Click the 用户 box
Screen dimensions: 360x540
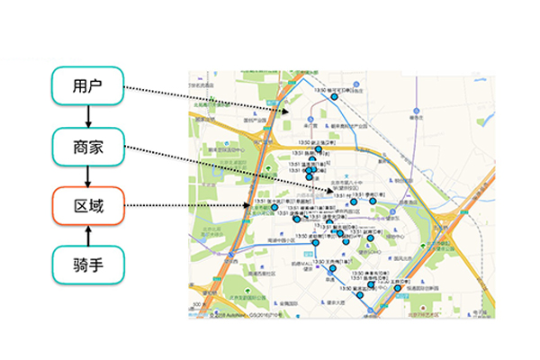[87, 87]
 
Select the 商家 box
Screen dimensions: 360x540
[87, 146]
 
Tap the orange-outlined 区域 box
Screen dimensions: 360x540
[87, 206]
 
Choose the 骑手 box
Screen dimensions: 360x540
[87, 265]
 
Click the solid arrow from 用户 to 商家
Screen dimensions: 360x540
[87, 117]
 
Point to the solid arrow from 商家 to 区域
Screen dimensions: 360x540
[87, 176]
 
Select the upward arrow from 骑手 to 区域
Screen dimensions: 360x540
[87, 235]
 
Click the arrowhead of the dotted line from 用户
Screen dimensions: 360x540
[289, 112]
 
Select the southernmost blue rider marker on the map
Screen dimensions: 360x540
[360, 296]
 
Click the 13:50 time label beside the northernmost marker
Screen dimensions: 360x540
[318, 89]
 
